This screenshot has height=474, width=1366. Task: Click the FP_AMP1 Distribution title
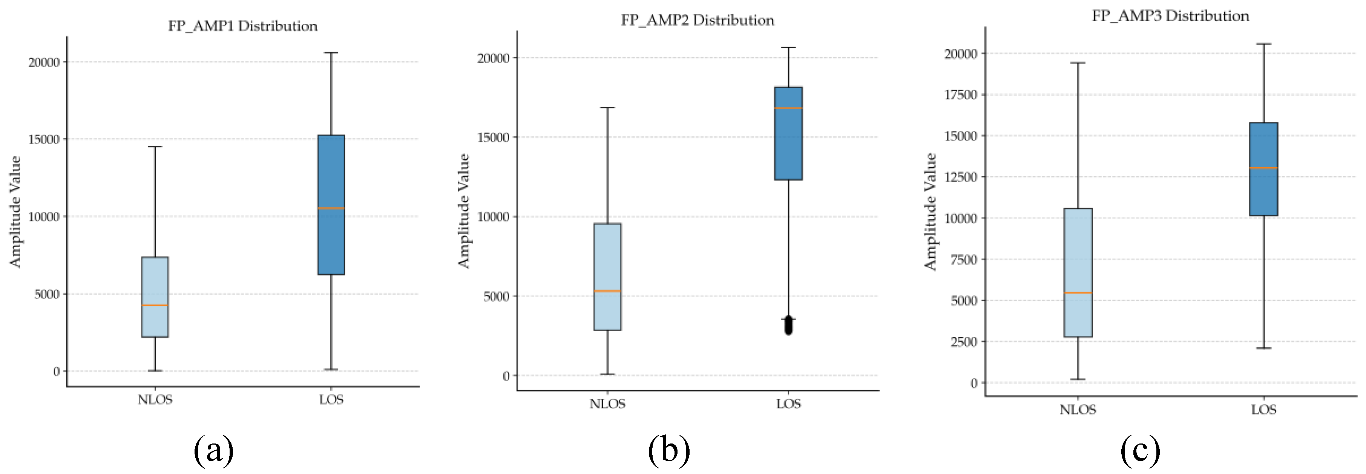point(242,26)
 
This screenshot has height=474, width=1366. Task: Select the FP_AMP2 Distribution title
point(697,20)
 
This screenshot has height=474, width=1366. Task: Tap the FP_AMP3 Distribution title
point(1170,16)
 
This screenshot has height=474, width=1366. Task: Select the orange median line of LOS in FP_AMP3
point(1264,168)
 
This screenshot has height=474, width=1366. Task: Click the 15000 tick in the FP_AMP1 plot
point(43,139)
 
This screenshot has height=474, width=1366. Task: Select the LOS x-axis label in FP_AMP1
point(331,400)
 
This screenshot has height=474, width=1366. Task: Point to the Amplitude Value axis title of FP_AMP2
point(464,211)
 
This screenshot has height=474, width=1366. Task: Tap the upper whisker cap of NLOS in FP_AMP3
point(1078,63)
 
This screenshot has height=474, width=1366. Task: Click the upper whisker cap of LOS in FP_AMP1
point(331,53)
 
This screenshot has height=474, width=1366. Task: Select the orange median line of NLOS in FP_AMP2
point(607,291)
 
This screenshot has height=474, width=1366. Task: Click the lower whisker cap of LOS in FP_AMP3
point(1264,349)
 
